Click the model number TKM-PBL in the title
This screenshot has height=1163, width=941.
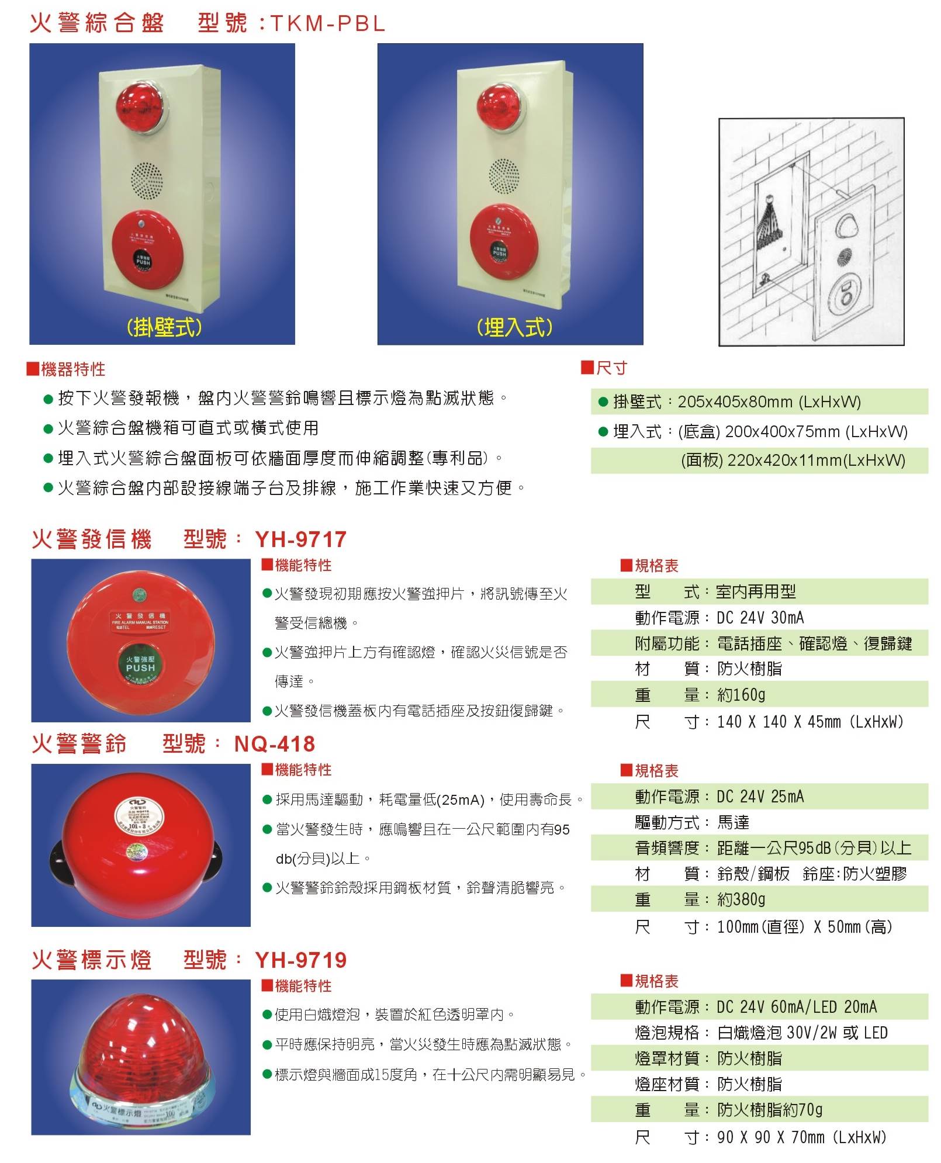327,23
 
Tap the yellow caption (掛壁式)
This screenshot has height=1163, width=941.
164,327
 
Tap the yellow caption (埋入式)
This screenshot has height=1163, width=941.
514,327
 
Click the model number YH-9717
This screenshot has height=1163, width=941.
301,539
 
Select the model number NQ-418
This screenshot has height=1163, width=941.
275,744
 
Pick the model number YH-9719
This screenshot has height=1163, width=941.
301,960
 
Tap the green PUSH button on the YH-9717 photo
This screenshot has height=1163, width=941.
140,664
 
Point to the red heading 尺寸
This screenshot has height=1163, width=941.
611,368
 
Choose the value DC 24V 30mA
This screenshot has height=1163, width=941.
760,618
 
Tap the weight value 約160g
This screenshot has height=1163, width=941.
741,695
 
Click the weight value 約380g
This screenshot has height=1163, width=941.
741,899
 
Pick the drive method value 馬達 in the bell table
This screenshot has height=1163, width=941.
733,823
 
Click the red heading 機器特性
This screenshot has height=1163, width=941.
73,369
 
